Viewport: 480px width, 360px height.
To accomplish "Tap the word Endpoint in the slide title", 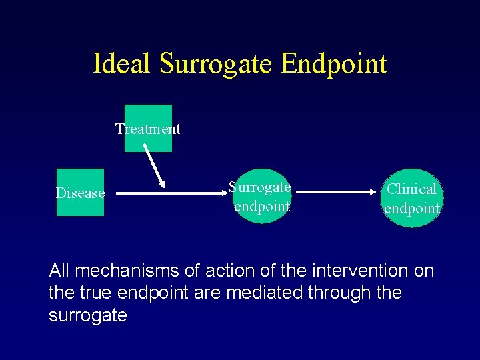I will tap(333, 64).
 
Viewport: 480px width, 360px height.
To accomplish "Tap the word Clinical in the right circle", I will tap(412, 189).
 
